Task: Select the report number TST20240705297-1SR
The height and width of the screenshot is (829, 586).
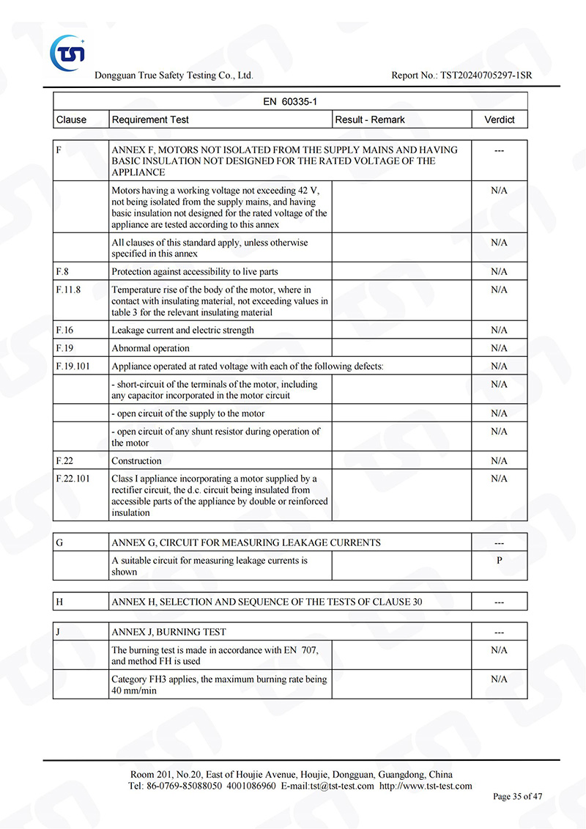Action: coord(487,75)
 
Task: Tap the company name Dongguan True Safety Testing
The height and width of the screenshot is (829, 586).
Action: coord(174,75)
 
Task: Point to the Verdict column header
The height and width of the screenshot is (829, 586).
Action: coord(499,119)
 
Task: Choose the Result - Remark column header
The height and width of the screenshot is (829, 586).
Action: coord(370,119)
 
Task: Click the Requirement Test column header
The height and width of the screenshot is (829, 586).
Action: coord(150,119)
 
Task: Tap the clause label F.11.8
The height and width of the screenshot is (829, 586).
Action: coord(68,290)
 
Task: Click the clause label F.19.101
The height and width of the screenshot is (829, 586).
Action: coord(73,366)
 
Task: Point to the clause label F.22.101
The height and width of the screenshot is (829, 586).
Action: coord(73,479)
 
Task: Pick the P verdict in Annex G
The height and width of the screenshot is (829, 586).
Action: coord(499,561)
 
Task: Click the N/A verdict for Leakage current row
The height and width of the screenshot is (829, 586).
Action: coord(499,330)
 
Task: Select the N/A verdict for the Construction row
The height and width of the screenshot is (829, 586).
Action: coord(499,460)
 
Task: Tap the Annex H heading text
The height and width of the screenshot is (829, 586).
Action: coord(266,602)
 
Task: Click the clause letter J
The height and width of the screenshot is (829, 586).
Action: coord(58,632)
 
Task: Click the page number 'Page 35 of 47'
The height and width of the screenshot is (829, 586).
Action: coord(518,797)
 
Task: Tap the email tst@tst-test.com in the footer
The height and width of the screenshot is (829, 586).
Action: coord(342,786)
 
